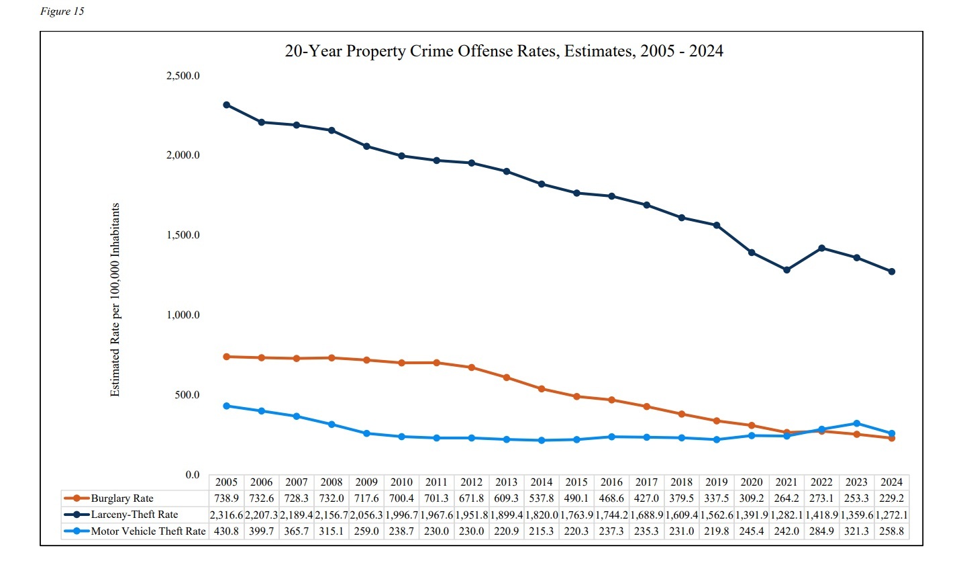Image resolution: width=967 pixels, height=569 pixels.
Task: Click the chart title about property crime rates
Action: [x=503, y=52]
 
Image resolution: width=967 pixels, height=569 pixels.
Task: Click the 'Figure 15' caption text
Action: [x=62, y=11]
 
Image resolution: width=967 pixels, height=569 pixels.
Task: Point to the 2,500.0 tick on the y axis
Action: [x=183, y=76]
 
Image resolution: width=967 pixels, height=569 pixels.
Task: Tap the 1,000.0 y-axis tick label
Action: [x=183, y=315]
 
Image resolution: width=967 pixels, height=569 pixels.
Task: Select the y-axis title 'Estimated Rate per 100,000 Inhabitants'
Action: [x=115, y=300]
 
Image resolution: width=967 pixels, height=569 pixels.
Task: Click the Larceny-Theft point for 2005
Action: [x=227, y=105]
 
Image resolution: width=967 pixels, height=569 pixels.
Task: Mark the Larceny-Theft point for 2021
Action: [x=786, y=270]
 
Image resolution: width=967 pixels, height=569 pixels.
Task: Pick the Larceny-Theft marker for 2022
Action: [x=821, y=248]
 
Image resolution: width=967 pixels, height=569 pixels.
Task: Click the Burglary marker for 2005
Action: [x=227, y=357]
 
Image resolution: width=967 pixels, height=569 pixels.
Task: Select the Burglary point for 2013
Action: [x=507, y=378]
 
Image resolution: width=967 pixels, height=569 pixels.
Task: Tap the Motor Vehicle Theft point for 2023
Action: [x=856, y=423]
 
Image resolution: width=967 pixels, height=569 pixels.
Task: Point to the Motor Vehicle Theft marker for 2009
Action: [x=366, y=433]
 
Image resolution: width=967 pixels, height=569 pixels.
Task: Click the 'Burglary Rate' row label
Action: [x=122, y=498]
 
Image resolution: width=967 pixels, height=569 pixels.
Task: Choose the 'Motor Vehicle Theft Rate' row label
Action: [x=148, y=531]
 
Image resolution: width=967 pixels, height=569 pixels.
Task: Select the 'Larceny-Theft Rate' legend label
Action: [x=134, y=515]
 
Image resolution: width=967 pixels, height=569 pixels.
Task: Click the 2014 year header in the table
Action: [x=542, y=482]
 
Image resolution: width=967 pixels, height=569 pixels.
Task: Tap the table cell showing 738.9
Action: [x=227, y=498]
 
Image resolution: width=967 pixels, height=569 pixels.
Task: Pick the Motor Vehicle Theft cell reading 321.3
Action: [x=856, y=531]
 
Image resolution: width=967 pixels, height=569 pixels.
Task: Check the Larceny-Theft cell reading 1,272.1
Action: [x=891, y=515]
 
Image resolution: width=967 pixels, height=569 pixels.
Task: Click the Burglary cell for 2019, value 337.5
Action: [x=716, y=498]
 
